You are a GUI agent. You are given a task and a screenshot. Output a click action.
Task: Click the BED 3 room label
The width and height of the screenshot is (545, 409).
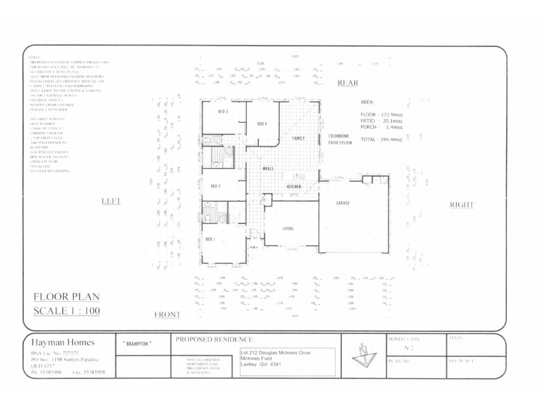222,112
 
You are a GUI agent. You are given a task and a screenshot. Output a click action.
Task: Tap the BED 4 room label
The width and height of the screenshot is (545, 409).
262,123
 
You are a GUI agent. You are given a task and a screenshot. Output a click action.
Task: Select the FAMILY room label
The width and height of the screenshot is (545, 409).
298,138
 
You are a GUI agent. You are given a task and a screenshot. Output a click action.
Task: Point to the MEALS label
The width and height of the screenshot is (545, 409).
268,168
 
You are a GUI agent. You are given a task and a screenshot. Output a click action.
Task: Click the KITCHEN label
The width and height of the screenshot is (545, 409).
294,185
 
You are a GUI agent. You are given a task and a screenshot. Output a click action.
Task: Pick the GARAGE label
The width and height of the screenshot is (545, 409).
342,204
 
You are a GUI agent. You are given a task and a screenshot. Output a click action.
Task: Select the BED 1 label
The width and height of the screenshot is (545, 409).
210,239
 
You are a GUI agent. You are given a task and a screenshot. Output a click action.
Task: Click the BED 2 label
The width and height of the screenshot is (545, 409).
215,186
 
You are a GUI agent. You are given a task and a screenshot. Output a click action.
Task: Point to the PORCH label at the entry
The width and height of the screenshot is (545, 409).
253,247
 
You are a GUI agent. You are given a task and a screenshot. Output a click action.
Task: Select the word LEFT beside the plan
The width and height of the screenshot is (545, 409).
110,202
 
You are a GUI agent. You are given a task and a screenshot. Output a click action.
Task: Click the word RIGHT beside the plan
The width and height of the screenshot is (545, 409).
461,205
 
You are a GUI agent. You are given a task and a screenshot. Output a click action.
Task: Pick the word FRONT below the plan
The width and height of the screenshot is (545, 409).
167,314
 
